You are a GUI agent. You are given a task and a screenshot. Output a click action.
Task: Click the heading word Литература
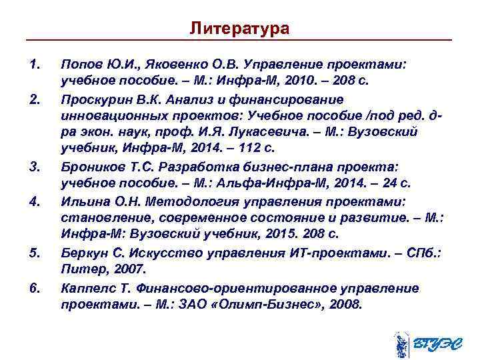(x=239, y=29)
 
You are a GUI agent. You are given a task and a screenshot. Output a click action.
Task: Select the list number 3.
(x=36, y=166)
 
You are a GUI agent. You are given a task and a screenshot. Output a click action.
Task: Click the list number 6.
(x=36, y=288)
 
